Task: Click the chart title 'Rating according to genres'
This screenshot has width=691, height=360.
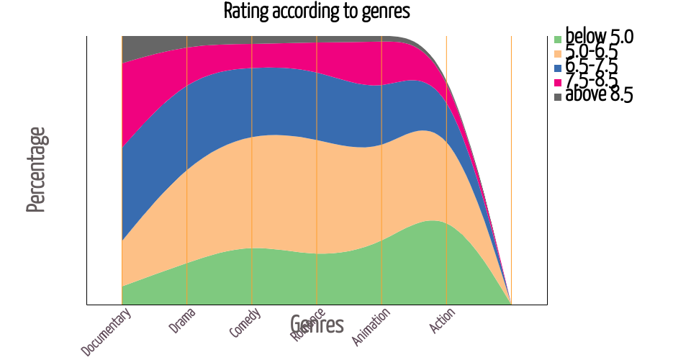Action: (x=317, y=12)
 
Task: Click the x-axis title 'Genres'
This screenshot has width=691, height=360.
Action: (x=317, y=325)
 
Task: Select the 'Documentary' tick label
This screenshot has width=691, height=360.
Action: (x=107, y=332)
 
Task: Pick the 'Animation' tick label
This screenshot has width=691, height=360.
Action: (x=371, y=326)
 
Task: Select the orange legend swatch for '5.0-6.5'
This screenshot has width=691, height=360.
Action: (x=557, y=53)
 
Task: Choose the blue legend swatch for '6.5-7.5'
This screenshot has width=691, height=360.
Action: (x=557, y=68)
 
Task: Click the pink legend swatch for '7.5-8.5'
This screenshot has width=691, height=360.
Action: (x=557, y=82)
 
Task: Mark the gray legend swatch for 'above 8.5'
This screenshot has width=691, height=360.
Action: (x=557, y=96)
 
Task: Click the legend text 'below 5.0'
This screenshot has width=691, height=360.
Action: (x=599, y=37)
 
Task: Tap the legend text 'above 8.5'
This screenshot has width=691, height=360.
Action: (x=599, y=94)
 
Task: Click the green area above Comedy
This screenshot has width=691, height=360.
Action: (x=252, y=277)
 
